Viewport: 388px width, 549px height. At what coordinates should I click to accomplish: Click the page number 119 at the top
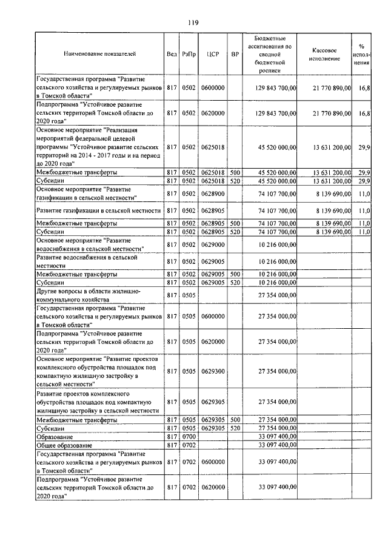pos(193,23)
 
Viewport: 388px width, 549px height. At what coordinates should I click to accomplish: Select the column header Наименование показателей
pos(99,54)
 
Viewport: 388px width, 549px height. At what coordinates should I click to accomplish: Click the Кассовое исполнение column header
pos(328,54)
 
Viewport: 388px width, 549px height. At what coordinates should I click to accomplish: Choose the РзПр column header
pos(189,54)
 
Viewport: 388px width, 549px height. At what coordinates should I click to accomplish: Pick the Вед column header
pos(172,54)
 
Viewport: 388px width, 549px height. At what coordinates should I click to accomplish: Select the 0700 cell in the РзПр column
pos(189,436)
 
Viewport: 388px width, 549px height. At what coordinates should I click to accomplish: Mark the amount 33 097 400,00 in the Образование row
pos(277,436)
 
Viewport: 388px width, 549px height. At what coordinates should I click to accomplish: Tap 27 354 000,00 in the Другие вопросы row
pos(277,295)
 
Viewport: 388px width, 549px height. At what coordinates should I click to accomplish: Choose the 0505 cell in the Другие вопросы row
pos(189,295)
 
